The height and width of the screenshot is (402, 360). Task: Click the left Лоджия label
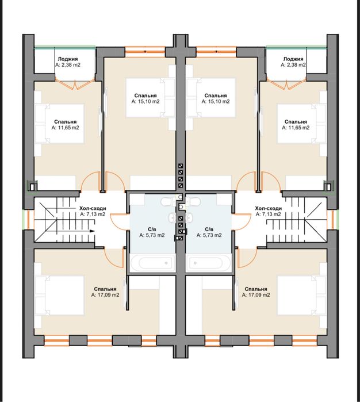pos(68,59)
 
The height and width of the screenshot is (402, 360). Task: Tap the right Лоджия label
pos(293,59)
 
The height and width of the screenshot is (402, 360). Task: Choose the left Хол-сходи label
pos(93,208)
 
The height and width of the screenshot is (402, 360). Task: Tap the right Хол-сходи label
pos(269,208)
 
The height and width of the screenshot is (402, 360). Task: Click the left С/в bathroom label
pos(152,229)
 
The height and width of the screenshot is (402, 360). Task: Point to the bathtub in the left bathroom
pos(152,263)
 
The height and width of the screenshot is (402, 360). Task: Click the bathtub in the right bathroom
pos(208,263)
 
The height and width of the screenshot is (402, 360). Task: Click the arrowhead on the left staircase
pos(93,231)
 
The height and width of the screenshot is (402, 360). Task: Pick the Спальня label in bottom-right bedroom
pos(256,289)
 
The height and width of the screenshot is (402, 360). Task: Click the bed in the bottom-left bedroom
pos(59,295)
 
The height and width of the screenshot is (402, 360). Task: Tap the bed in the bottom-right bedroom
pos(301,295)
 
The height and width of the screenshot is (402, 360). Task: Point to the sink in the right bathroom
pos(189,218)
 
